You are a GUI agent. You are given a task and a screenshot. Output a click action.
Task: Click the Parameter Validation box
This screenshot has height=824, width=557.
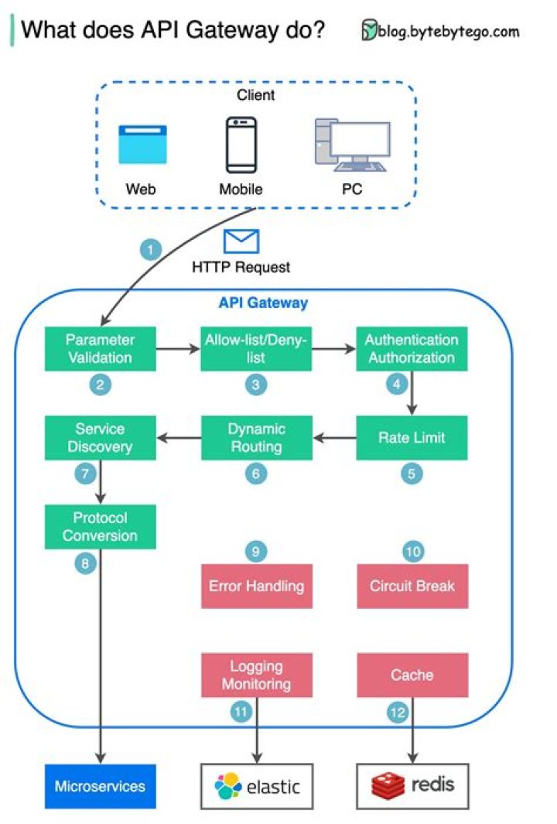click(100, 349)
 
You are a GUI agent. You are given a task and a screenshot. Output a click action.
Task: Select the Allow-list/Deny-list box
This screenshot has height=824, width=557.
click(256, 349)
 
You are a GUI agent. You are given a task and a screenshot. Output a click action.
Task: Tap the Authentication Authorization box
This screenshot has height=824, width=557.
click(412, 349)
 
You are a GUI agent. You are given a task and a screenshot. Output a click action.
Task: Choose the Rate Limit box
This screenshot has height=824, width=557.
click(412, 438)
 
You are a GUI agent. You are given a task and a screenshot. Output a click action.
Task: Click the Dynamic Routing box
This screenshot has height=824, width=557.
click(256, 438)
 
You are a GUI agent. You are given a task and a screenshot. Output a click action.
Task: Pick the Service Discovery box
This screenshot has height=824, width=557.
click(100, 438)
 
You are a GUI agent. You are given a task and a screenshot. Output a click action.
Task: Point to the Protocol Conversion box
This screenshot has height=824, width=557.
click(100, 527)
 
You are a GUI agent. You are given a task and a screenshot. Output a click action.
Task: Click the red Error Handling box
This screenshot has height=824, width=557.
click(256, 586)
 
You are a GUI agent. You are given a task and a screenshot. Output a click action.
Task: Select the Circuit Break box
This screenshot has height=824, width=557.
click(412, 586)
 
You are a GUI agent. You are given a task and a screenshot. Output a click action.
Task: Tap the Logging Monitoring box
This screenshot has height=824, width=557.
click(256, 675)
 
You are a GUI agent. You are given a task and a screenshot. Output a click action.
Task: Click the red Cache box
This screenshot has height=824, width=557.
click(412, 675)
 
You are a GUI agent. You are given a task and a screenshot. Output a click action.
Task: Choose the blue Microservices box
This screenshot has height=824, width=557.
click(100, 787)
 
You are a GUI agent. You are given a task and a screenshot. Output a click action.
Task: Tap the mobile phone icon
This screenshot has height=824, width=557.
click(241, 145)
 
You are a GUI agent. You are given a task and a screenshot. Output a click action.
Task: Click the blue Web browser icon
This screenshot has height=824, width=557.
click(142, 145)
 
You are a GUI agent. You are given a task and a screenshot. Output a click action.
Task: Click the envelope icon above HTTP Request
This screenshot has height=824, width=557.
click(241, 241)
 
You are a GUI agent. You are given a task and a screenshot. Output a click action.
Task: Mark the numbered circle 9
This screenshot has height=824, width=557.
click(256, 552)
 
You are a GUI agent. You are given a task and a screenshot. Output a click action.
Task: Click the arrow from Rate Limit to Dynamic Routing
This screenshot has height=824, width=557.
click(334, 439)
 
